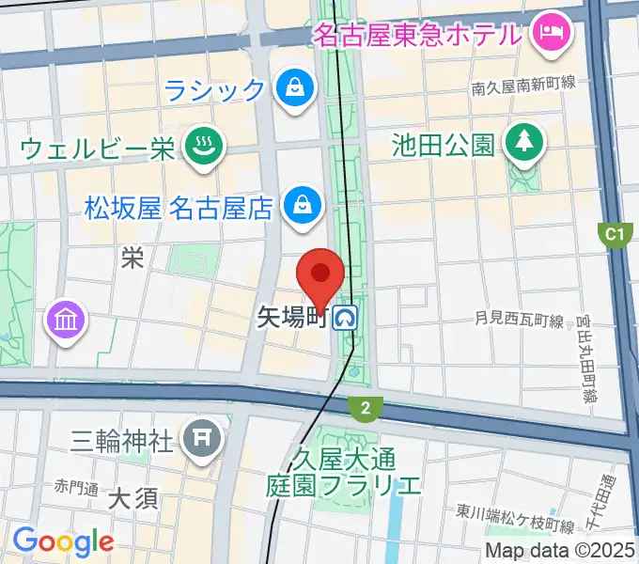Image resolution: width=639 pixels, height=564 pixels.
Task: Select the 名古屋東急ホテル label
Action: [x=416, y=36]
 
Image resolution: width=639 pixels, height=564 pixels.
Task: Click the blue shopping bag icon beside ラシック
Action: [x=295, y=89]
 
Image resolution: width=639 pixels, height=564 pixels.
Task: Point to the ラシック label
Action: [x=215, y=90]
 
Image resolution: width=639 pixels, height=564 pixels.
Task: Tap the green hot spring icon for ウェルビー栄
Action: [x=201, y=146]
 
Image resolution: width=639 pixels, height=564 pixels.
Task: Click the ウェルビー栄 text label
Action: [x=98, y=149]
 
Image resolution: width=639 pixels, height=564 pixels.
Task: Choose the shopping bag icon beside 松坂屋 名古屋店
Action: [x=303, y=203]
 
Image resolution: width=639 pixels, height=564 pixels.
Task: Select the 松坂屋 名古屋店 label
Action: [x=178, y=205]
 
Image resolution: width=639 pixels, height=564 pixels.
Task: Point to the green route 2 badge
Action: [x=365, y=408]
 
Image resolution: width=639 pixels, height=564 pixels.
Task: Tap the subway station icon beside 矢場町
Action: [x=349, y=319]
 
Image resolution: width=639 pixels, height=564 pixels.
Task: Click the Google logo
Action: [x=63, y=542]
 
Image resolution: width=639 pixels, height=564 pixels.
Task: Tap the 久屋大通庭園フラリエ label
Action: [x=343, y=473]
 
